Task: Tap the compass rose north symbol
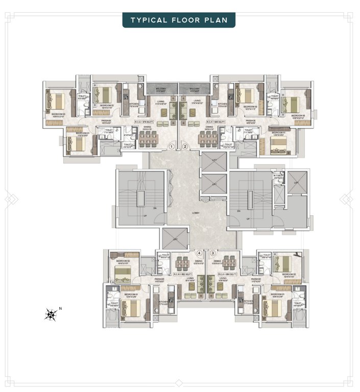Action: coord(52,313)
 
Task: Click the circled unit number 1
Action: coord(172,146)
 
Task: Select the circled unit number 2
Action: coord(185,146)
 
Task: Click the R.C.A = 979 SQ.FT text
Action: coord(144,122)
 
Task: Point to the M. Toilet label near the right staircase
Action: coord(278,177)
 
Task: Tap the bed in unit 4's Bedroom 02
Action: coord(122,275)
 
